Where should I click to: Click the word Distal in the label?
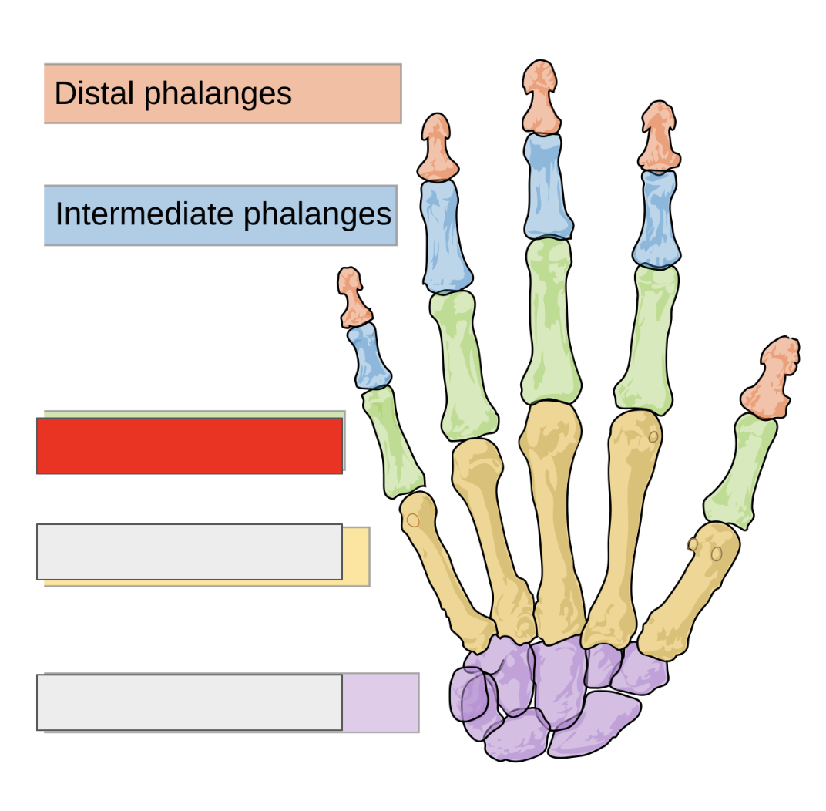pyautogui.click(x=95, y=94)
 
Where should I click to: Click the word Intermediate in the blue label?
pyautogui.click(x=146, y=214)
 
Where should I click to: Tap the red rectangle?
pyautogui.click(x=190, y=446)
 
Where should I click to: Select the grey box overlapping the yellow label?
pyautogui.click(x=190, y=552)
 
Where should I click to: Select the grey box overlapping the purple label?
pyautogui.click(x=190, y=702)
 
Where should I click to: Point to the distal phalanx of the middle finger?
pyautogui.click(x=541, y=96)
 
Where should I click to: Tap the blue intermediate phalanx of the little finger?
pyautogui.click(x=368, y=355)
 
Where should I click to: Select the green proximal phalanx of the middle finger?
pyautogui.click(x=550, y=320)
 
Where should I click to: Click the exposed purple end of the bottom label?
pyautogui.click(x=381, y=702)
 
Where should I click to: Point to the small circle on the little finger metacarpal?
pyautogui.click(x=413, y=520)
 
